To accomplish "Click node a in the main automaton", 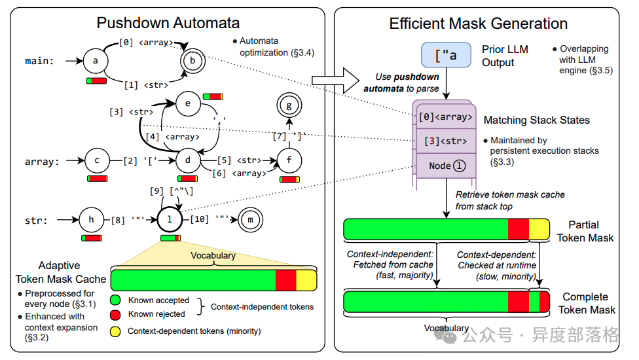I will (96, 62).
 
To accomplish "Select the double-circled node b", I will (192, 62).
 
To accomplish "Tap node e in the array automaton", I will (188, 103).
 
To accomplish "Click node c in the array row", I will (97, 159).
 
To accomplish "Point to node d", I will (187, 159).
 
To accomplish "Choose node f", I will (289, 159).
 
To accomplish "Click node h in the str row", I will (91, 220).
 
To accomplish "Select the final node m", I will (249, 220).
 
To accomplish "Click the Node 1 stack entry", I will (445, 166).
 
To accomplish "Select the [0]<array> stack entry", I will (445, 117).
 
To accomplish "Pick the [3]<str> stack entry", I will (445, 141).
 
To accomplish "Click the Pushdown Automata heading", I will (168, 24).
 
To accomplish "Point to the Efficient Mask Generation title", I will (479, 24).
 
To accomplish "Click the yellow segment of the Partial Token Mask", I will (539, 230).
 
